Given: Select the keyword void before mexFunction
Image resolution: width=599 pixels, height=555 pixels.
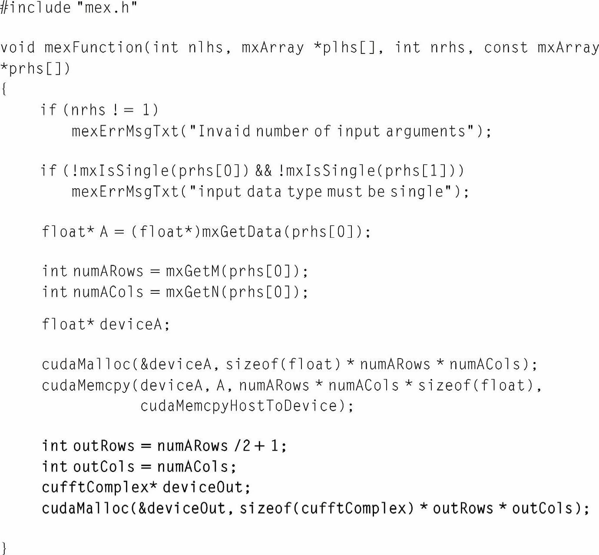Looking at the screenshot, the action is click(x=17, y=47).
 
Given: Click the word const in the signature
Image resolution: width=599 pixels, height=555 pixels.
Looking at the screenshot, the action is click(x=506, y=47).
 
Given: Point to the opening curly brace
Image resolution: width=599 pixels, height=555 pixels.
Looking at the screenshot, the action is click(x=4, y=89).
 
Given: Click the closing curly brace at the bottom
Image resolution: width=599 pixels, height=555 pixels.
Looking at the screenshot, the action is click(x=4, y=547).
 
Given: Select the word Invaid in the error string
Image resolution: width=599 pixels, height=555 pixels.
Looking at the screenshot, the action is click(x=224, y=131).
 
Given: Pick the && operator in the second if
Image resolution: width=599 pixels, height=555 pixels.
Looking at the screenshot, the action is click(x=263, y=170).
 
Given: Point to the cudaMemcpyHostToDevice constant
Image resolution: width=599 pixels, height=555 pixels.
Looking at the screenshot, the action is click(x=238, y=405).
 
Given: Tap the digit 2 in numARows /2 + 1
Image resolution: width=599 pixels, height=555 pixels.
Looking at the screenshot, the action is click(x=246, y=445).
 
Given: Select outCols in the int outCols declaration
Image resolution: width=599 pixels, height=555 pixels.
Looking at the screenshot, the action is click(x=104, y=466).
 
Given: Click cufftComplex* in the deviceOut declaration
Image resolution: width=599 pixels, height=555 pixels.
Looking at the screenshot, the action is click(x=99, y=487).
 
